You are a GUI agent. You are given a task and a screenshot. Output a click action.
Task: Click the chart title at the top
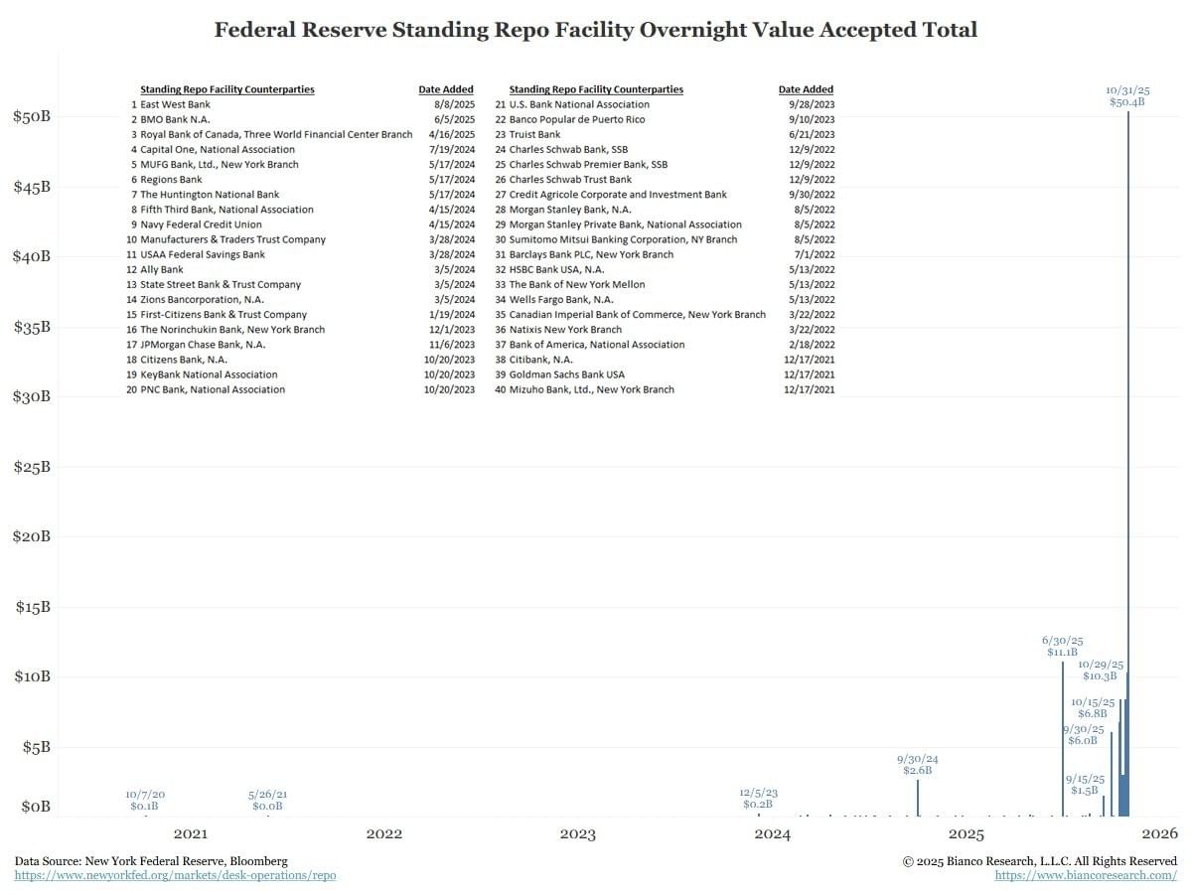point(596,30)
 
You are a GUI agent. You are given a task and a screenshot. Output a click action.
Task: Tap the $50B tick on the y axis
point(31,116)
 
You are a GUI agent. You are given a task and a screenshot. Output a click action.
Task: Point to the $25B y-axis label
point(31,467)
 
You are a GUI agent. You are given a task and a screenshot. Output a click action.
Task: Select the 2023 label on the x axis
point(578,833)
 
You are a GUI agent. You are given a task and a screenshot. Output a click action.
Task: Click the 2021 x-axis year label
point(190,833)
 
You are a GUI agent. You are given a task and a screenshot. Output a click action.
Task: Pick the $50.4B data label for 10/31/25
point(1127,102)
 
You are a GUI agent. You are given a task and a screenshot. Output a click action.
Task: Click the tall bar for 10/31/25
point(1128,447)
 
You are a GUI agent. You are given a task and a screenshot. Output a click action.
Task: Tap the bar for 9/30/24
point(918,799)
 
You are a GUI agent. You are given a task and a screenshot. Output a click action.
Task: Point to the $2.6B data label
point(917,771)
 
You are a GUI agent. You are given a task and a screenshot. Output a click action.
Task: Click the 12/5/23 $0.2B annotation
point(758,799)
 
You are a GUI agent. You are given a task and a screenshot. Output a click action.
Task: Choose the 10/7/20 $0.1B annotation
point(145,801)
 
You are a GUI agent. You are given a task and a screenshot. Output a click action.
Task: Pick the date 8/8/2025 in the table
point(454,104)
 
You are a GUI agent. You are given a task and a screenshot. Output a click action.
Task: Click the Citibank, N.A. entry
point(540,360)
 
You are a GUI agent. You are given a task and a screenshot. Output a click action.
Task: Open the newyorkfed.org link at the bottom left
point(175,875)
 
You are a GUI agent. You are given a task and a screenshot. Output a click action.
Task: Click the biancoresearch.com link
point(1086,875)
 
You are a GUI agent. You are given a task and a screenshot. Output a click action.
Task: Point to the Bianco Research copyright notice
point(1039,860)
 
